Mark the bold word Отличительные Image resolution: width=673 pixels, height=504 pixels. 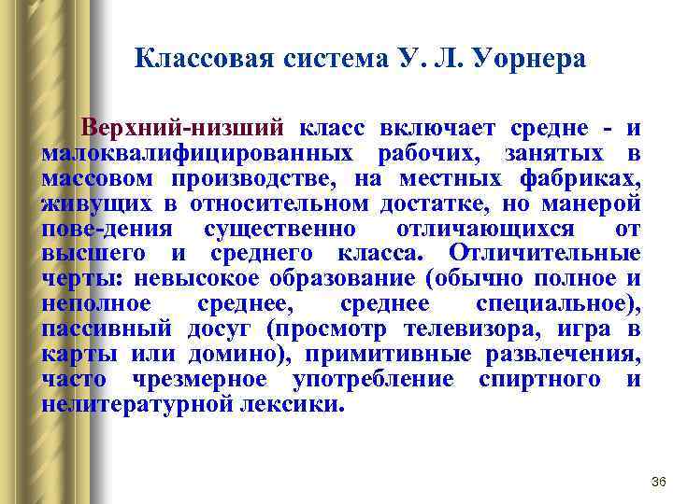pyautogui.click(x=544, y=253)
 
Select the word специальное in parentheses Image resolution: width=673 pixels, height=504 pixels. pyautogui.click(x=554, y=303)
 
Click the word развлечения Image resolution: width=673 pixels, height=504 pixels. pyautogui.click(x=564, y=354)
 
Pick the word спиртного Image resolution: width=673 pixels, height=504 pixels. pyautogui.click(x=537, y=379)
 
